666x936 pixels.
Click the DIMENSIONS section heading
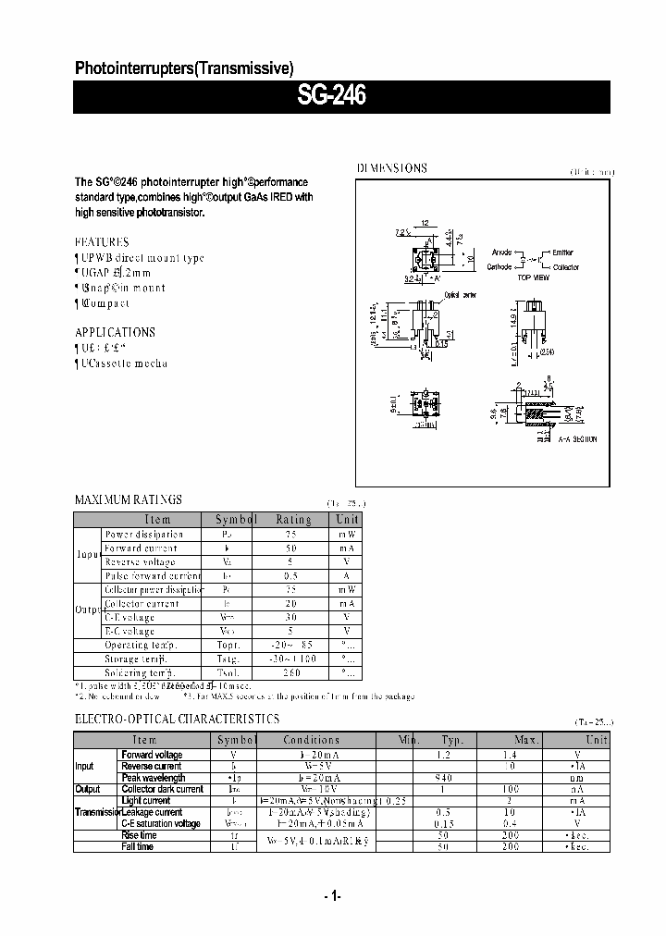pos(392,168)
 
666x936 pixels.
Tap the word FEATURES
pos(102,241)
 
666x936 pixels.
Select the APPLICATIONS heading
pos(115,332)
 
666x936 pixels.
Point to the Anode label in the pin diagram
pos(501,252)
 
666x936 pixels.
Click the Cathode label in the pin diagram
pos(499,266)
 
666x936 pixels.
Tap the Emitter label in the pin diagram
pos(562,252)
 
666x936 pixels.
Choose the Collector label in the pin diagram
pos(565,266)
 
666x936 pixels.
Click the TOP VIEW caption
pos(533,277)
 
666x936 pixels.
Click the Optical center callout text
pos(459,295)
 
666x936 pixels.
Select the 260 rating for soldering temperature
pos(293,672)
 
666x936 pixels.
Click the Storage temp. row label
pos(139,659)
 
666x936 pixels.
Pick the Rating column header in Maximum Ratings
pos(293,520)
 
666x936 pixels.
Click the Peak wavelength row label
pos(153,778)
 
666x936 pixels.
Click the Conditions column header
pos(312,740)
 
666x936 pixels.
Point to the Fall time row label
pos(139,846)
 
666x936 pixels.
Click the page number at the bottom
pos(333,896)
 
